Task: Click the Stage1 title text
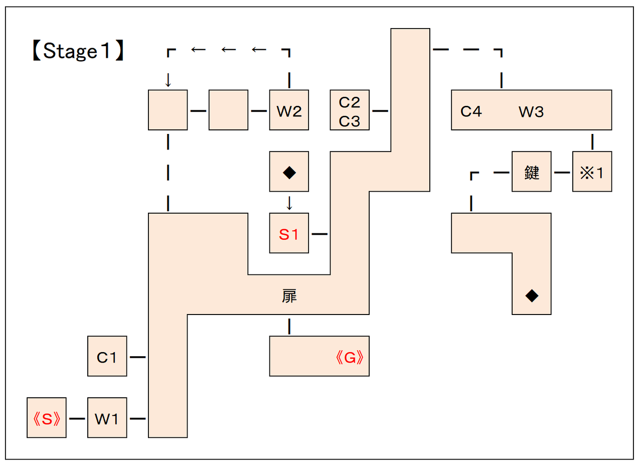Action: (77, 51)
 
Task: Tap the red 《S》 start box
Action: (47, 418)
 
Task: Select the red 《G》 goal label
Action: (349, 357)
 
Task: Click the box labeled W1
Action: (107, 418)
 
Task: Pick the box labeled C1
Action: (107, 357)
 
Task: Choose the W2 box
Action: (289, 111)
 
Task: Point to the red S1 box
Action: (289, 234)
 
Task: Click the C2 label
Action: (350, 102)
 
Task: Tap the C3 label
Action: (350, 121)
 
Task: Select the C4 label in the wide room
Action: (471, 111)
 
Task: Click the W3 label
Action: (531, 111)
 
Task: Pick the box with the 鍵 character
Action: (531, 172)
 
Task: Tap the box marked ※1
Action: (592, 172)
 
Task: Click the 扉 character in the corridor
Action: (289, 296)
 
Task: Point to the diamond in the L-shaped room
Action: (532, 296)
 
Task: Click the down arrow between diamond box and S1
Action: (289, 203)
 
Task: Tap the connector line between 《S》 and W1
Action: (77, 418)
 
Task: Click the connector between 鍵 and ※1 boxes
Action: (562, 172)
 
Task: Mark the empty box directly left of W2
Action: (228, 110)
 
